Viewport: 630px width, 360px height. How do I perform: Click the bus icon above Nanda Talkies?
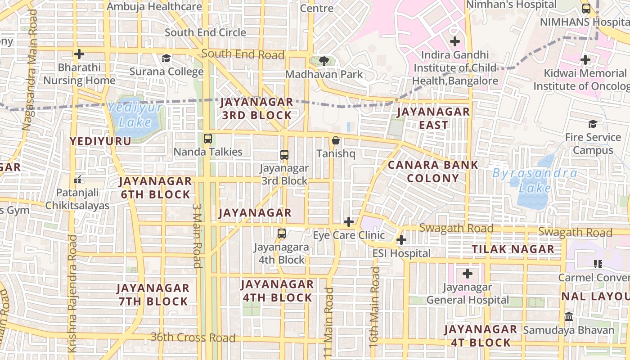click(x=207, y=138)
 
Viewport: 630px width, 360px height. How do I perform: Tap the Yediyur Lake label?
click(x=135, y=115)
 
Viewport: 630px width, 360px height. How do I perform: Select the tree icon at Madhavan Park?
click(x=323, y=61)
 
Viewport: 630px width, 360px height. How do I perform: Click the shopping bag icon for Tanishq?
click(x=336, y=141)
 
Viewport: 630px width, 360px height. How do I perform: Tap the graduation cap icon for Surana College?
click(x=166, y=58)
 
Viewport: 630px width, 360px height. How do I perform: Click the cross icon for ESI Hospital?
click(x=401, y=240)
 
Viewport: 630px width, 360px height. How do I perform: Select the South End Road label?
click(x=243, y=54)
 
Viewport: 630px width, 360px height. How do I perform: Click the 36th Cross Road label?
click(x=193, y=337)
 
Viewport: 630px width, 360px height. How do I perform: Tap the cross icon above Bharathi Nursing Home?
click(x=79, y=54)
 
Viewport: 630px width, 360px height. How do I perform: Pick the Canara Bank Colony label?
click(x=433, y=171)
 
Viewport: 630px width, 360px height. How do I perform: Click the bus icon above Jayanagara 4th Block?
click(x=282, y=234)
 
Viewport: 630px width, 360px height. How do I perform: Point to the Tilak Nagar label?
click(x=513, y=249)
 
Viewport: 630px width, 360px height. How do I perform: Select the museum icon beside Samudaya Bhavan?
click(x=569, y=316)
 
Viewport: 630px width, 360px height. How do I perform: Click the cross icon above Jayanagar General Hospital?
click(x=468, y=273)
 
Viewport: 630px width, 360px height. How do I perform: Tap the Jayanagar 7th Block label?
click(x=153, y=295)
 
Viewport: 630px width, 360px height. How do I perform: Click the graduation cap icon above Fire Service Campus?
click(x=593, y=124)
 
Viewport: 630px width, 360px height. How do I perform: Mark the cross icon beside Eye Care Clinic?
click(x=349, y=222)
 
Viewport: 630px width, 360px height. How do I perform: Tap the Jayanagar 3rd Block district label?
click(x=256, y=108)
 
